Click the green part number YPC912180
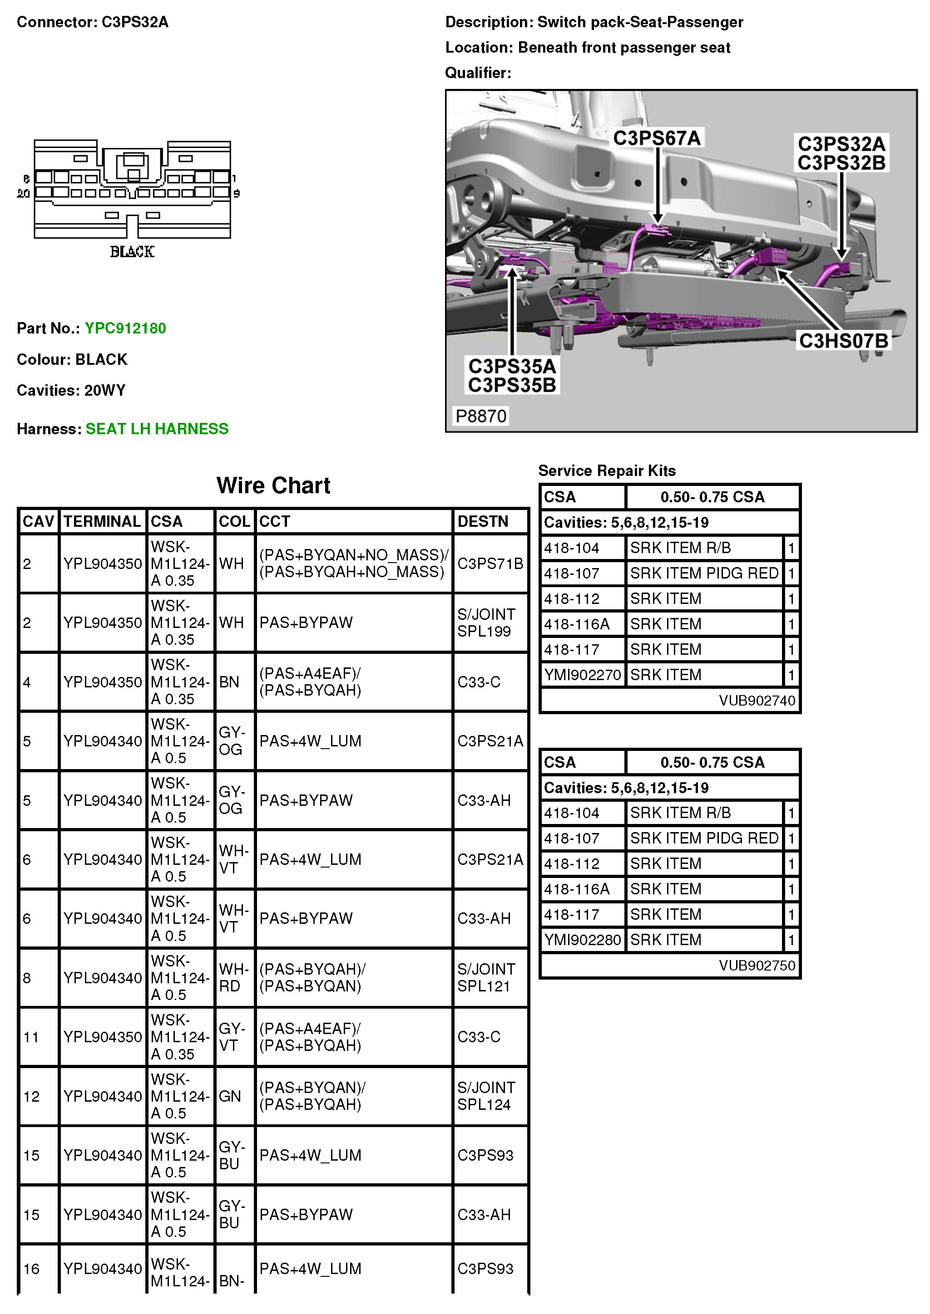point(125,328)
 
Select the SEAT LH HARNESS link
point(157,429)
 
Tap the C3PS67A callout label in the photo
point(657,138)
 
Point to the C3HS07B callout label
point(843,341)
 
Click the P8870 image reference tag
point(480,416)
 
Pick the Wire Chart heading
point(273,485)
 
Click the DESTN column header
point(483,521)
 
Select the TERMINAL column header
point(102,521)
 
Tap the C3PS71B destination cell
point(490,564)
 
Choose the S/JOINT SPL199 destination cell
point(485,623)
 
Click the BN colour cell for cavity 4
point(229,682)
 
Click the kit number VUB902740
point(757,701)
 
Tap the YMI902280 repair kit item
point(583,940)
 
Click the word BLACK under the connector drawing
point(132,252)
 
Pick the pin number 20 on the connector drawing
point(24,193)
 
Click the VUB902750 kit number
point(757,966)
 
